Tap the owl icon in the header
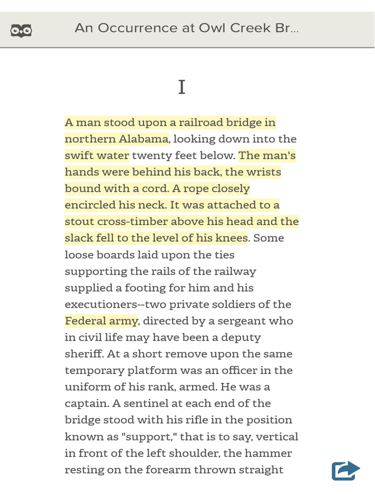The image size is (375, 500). (21, 30)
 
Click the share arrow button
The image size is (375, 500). (345, 471)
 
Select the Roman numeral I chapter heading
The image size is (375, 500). (182, 87)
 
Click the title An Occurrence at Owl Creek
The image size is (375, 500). (187, 28)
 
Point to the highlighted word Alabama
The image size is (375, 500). (144, 139)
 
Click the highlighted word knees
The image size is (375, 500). (232, 238)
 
